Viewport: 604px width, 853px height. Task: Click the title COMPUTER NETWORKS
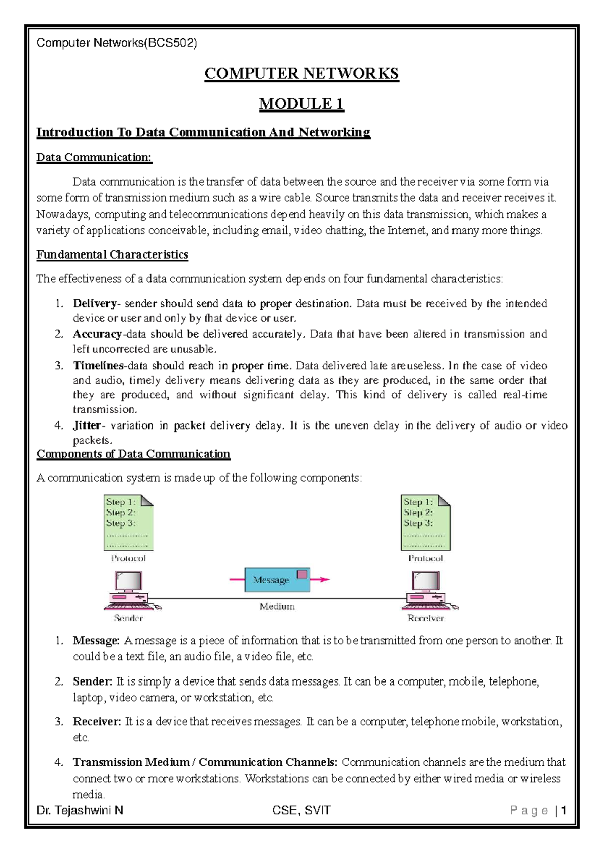click(301, 74)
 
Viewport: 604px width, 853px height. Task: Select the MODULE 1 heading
click(301, 104)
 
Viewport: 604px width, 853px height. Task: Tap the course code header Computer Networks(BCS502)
click(117, 43)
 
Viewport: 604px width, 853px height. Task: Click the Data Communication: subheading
click(94, 157)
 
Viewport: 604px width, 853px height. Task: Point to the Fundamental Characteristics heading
click(112, 254)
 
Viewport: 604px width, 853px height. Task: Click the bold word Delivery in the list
click(95, 303)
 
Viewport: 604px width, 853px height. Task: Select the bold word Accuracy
click(97, 334)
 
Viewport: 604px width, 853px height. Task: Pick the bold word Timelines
click(98, 365)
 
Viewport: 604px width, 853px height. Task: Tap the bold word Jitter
click(87, 425)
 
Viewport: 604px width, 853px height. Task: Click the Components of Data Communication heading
click(133, 454)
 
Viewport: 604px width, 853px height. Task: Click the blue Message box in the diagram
click(277, 580)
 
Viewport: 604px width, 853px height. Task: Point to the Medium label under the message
click(277, 606)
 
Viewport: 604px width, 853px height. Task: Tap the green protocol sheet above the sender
click(128, 523)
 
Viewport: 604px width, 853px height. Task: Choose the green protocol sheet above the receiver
click(426, 523)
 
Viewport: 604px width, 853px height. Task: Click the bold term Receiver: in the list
click(97, 722)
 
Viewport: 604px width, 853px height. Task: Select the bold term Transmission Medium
click(131, 762)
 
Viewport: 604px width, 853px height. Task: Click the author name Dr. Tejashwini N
click(80, 810)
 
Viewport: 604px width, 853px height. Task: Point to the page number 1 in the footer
click(564, 810)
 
